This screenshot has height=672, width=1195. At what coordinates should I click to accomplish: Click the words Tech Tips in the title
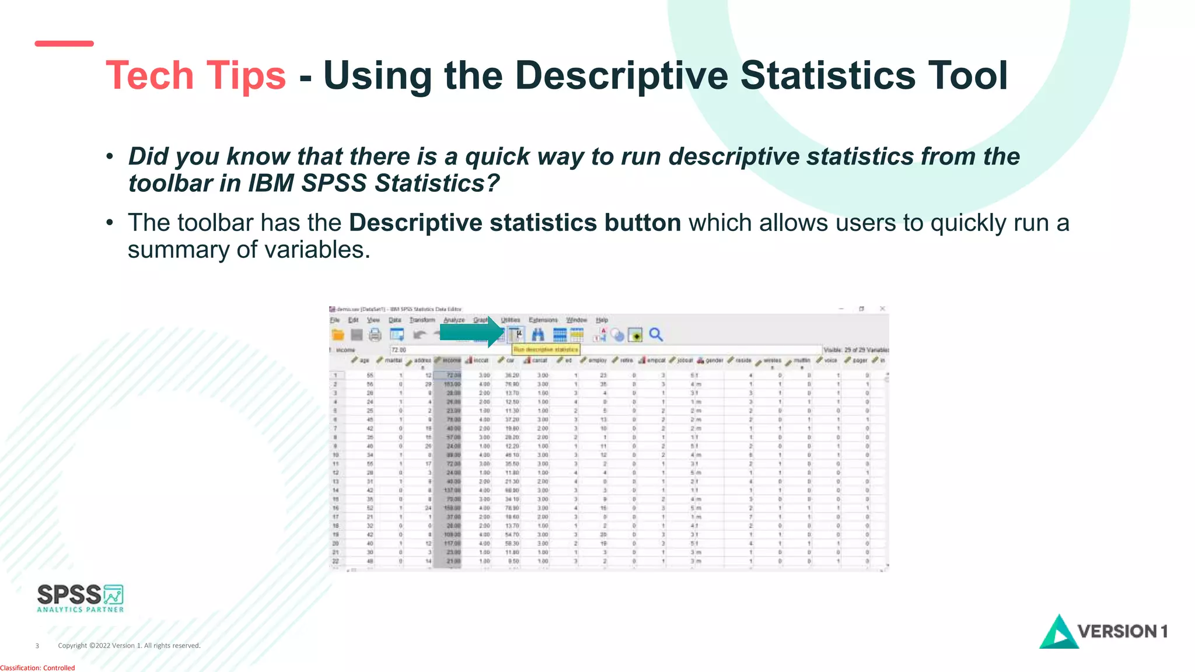click(x=195, y=76)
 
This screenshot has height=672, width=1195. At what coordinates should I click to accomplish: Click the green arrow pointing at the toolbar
click(x=470, y=332)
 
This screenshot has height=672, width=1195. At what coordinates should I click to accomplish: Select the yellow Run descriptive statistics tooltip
click(x=546, y=349)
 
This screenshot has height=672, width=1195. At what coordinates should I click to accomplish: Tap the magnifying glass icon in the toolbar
click(x=656, y=334)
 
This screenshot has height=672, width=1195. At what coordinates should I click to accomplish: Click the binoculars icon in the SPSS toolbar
click(x=537, y=334)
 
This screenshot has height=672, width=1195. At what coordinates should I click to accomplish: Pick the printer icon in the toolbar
click(x=375, y=334)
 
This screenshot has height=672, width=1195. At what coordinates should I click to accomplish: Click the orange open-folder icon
click(x=338, y=334)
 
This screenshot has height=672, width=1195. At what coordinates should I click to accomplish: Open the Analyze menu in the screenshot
click(x=454, y=320)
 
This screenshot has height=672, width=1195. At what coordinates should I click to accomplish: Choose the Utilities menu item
click(x=511, y=320)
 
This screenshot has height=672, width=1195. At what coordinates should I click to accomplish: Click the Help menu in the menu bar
click(x=602, y=320)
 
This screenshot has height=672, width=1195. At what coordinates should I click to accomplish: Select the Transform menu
click(x=422, y=320)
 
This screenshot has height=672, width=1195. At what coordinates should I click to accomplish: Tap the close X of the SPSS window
click(x=882, y=309)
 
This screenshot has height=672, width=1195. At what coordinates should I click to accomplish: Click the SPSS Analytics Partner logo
click(x=81, y=598)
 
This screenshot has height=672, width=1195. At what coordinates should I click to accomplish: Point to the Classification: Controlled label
click(x=37, y=668)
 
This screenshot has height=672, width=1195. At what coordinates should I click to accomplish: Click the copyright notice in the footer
click(x=129, y=646)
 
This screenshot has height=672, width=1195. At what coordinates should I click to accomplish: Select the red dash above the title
click(x=64, y=44)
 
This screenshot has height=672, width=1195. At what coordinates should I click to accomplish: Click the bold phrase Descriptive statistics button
click(x=515, y=223)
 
